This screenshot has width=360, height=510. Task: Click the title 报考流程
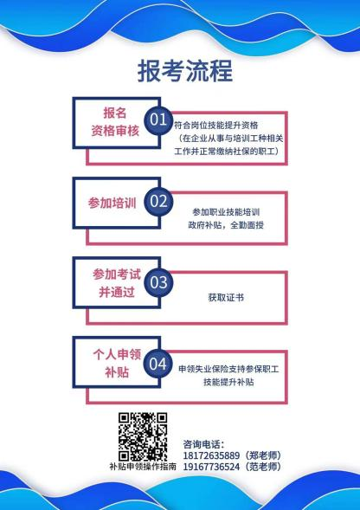point(184,71)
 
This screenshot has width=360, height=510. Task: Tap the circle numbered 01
point(158,120)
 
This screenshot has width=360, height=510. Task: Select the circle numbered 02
point(158,202)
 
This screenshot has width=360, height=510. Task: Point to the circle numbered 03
point(158,282)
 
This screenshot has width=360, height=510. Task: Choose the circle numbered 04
point(158,364)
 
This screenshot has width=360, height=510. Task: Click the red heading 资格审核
point(115,131)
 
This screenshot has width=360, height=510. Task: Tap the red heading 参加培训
point(112,203)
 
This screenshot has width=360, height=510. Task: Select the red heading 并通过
point(117,292)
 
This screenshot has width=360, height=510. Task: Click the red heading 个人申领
point(117,354)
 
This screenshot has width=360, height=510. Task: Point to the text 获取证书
point(226,298)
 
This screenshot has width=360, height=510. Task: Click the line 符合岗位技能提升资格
point(216,126)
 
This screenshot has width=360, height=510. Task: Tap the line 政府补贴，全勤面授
point(226,225)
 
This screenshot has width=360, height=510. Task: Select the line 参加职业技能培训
point(226,212)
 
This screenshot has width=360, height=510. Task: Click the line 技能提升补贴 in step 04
point(228,382)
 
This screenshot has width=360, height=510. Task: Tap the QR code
point(143,436)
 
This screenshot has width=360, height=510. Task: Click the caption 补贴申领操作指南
point(143,467)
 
